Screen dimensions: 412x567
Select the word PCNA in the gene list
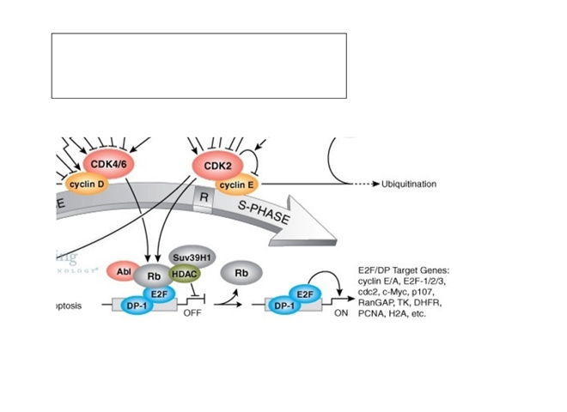tap(369, 315)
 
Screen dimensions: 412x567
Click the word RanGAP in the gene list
tap(375, 303)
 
